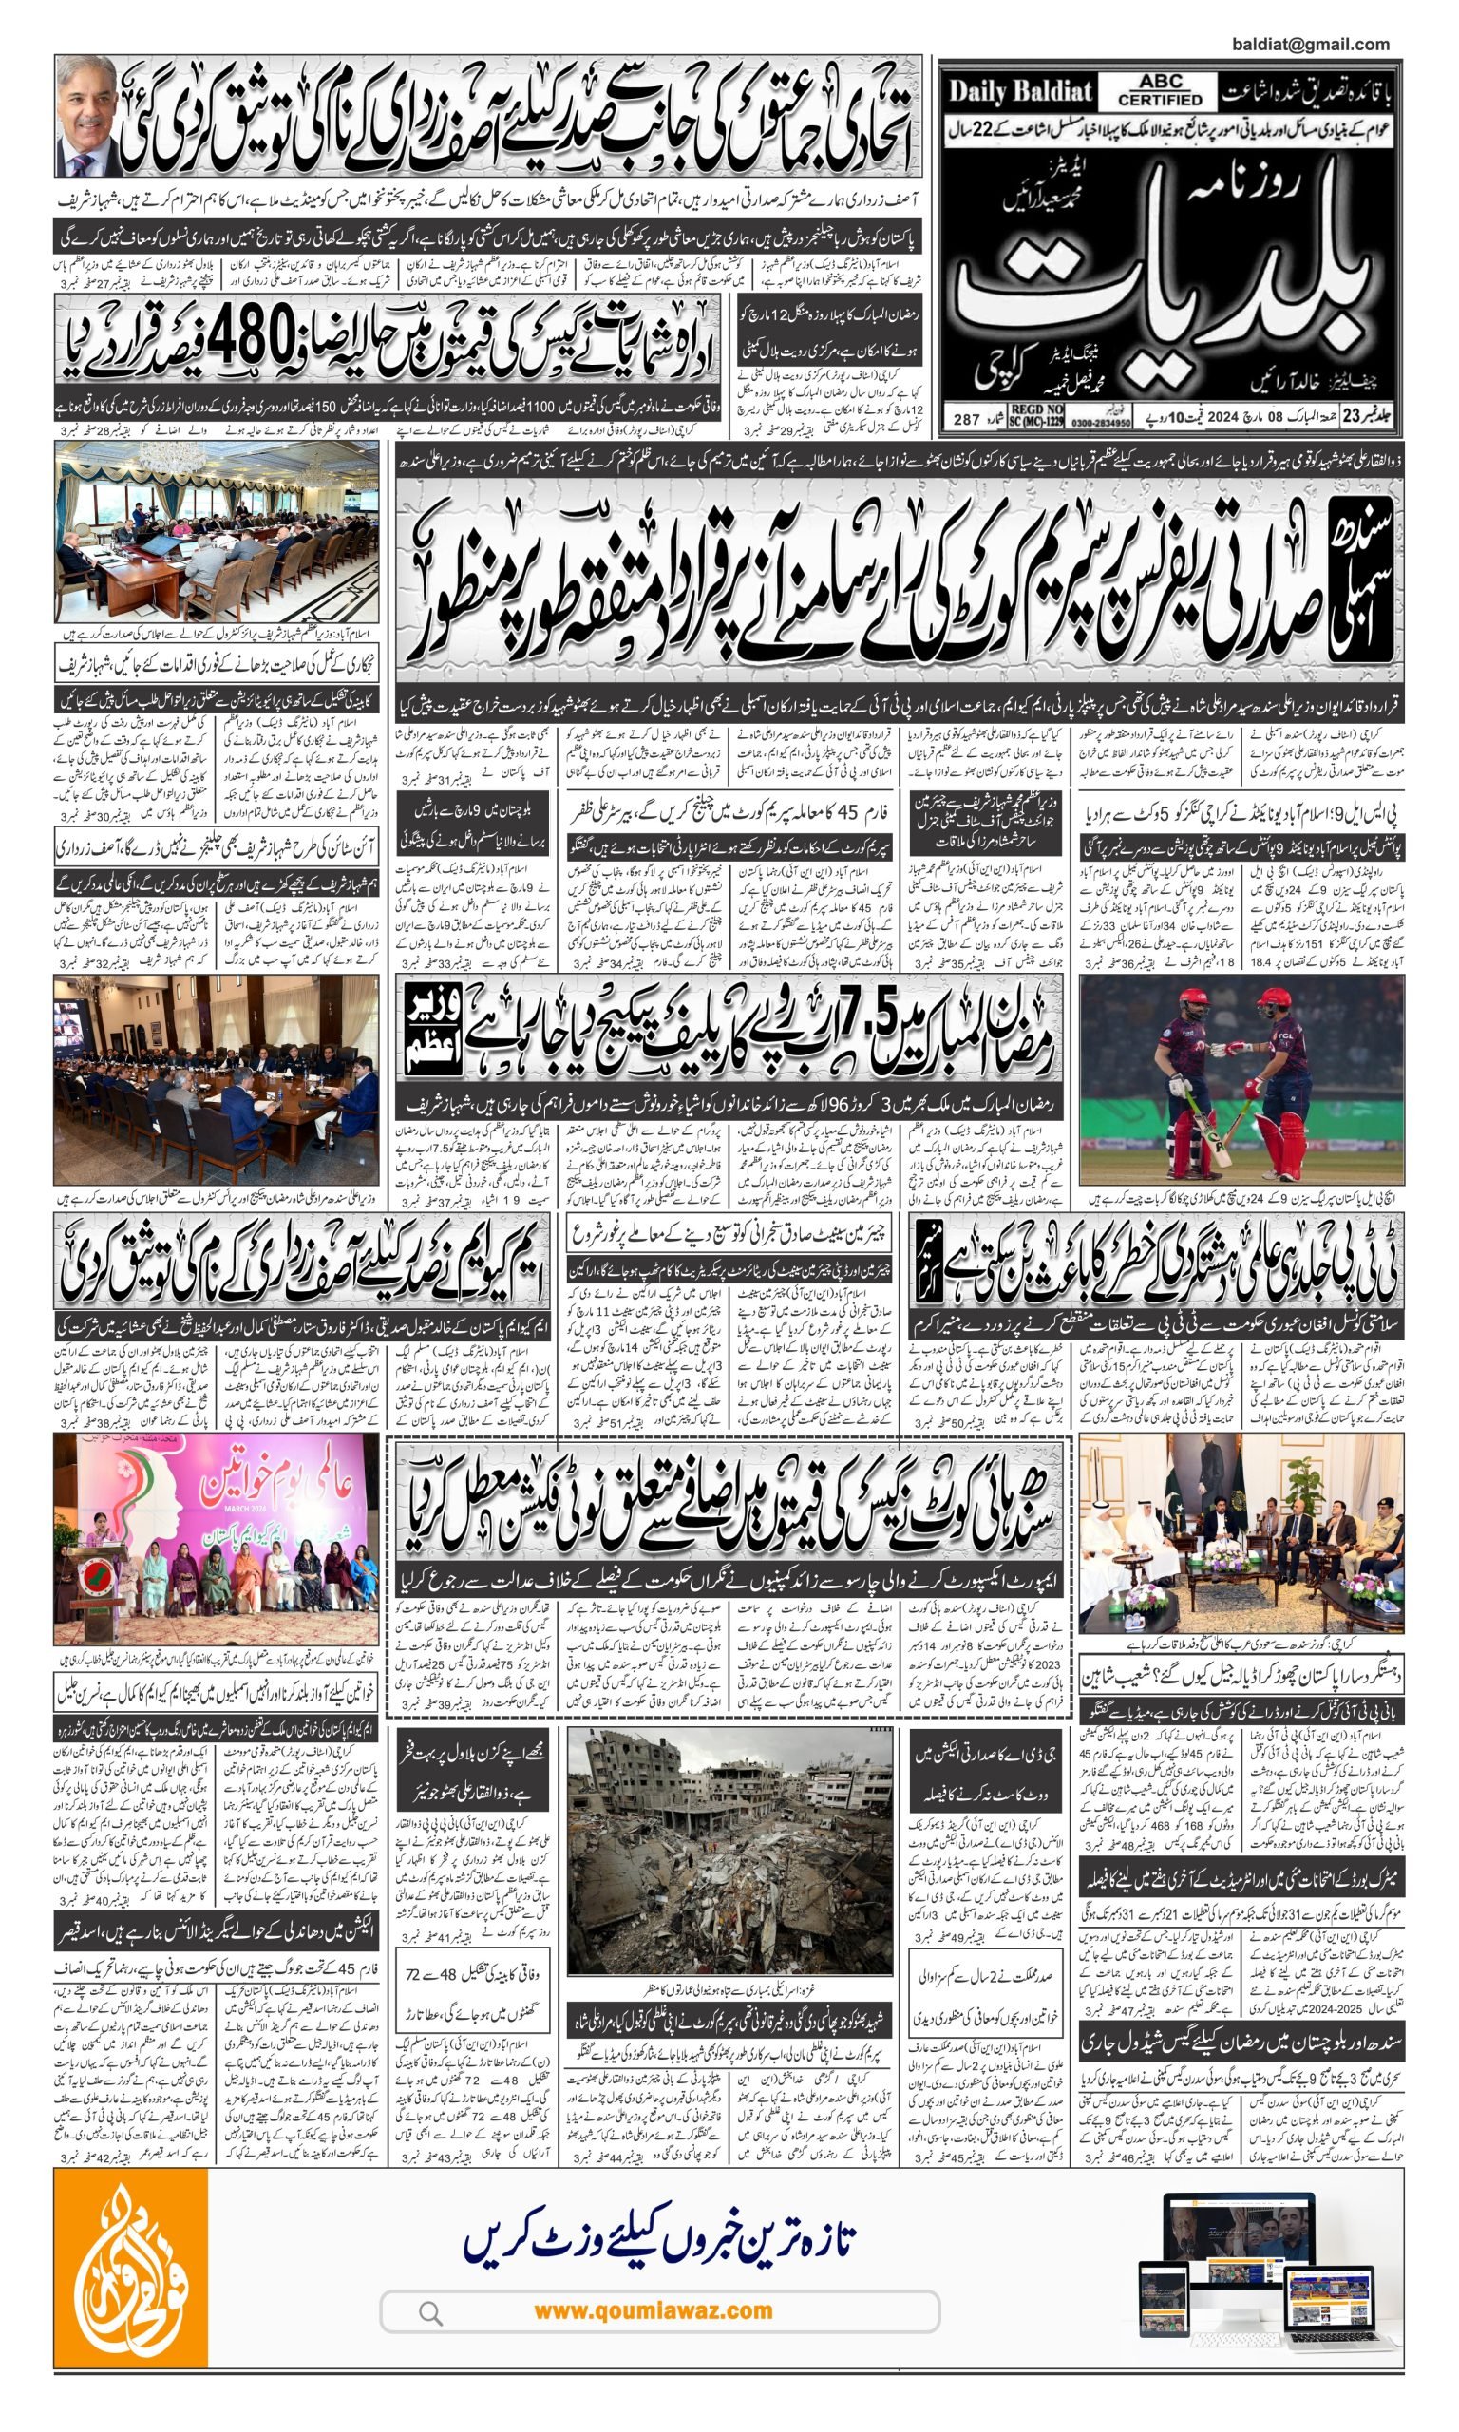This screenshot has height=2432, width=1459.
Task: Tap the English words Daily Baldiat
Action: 1019,93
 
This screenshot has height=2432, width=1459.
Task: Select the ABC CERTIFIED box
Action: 1160,90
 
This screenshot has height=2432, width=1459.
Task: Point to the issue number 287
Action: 966,420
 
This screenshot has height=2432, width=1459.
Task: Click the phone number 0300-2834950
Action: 1100,422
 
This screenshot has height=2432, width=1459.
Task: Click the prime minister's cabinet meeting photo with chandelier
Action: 217,532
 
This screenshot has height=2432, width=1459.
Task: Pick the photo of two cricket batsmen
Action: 1241,1081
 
